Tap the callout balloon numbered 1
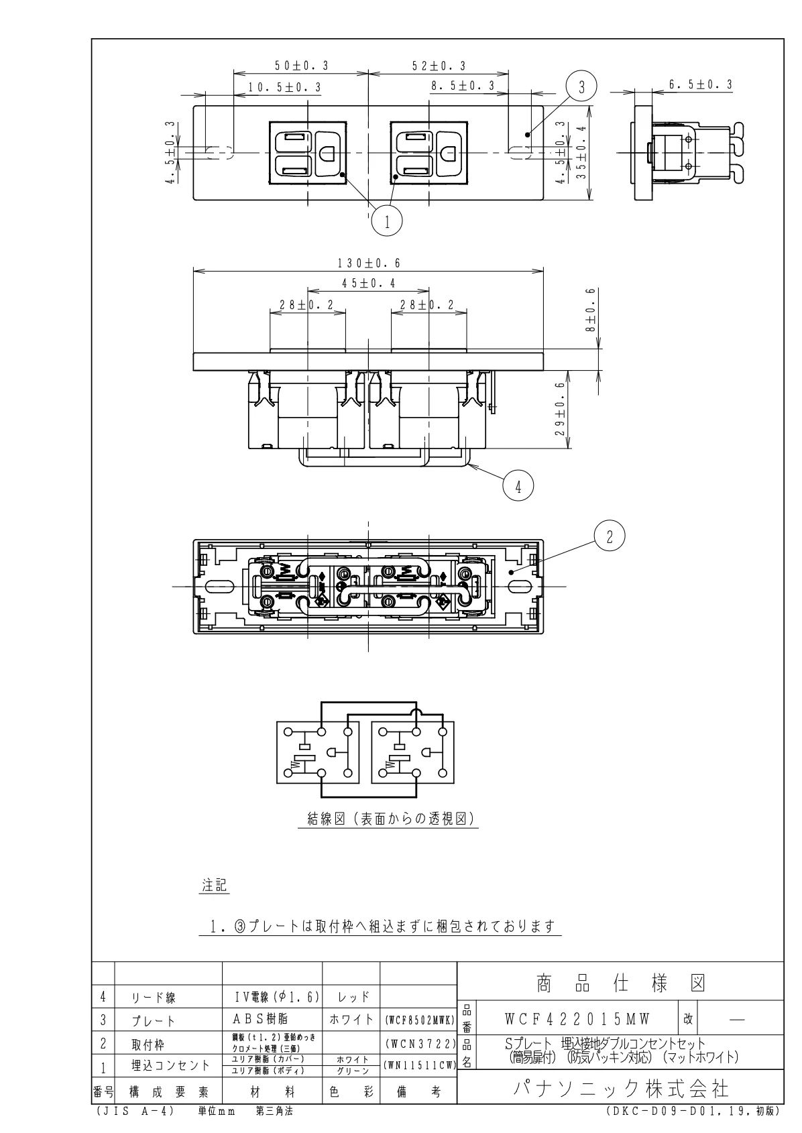(387, 221)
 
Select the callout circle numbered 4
(518, 486)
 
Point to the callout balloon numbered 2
(610, 536)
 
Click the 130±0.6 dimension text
(369, 263)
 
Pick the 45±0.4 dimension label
(368, 283)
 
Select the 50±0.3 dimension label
(302, 65)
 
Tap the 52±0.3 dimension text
(439, 66)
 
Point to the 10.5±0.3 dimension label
(284, 88)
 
